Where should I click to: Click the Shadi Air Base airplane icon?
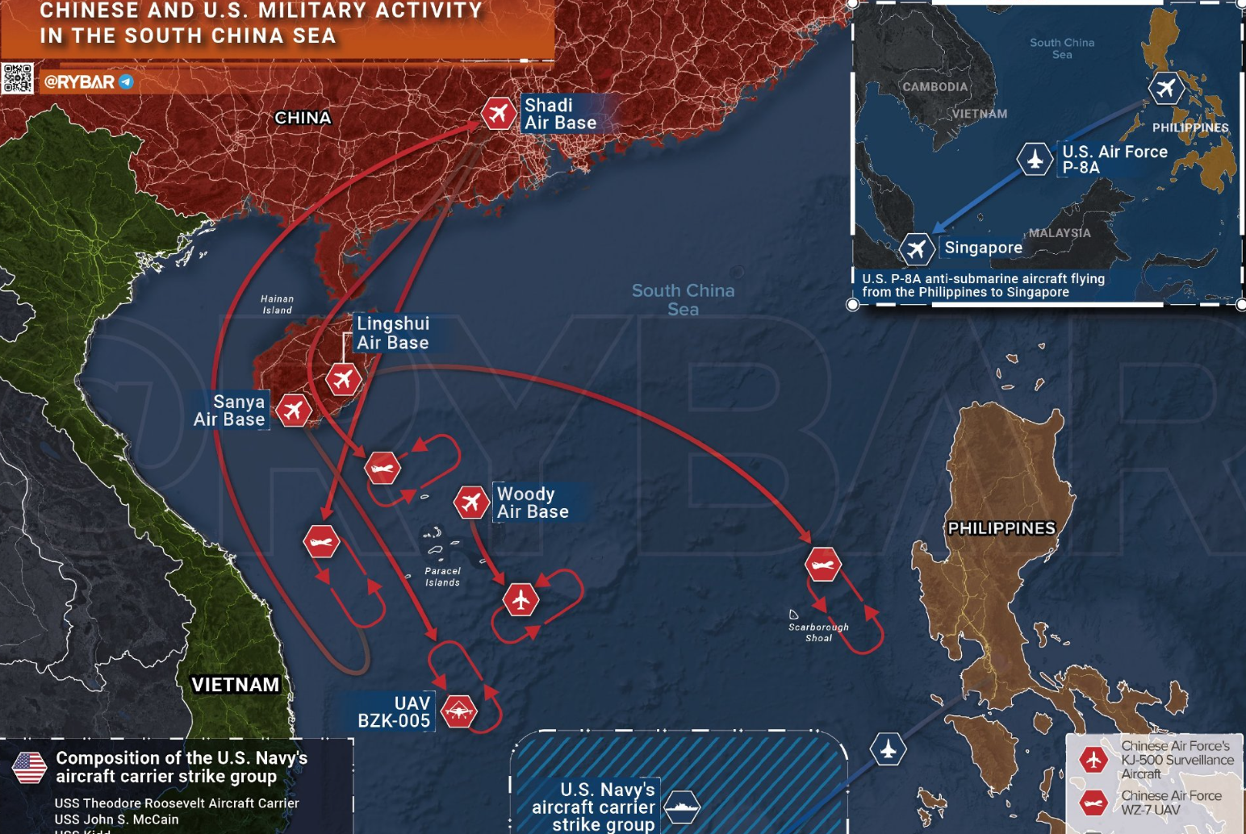pos(499,113)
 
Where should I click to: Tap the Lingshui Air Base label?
pos(393,333)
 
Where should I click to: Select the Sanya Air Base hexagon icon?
pos(294,410)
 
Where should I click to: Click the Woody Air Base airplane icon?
pos(471,502)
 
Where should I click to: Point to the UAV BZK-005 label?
pos(395,712)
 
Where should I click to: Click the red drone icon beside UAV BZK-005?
pos(459,711)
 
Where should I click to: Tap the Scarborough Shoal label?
pos(818,632)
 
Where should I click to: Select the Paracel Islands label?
pos(442,577)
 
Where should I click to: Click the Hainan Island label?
pos(277,304)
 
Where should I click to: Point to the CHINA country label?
pos(303,118)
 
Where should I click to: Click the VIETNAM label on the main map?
pos(235,685)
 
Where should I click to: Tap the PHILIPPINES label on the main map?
pos(1001,528)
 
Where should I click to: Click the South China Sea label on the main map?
pos(683,299)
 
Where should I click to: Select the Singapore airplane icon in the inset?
pos(916,248)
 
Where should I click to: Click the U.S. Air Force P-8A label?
pos(1114,159)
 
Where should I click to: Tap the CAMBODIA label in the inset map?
pos(934,87)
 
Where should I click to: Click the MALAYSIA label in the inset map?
pos(1059,233)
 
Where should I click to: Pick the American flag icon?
pos(30,767)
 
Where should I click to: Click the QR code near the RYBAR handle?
pos(17,79)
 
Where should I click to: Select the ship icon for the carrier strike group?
pos(682,806)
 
